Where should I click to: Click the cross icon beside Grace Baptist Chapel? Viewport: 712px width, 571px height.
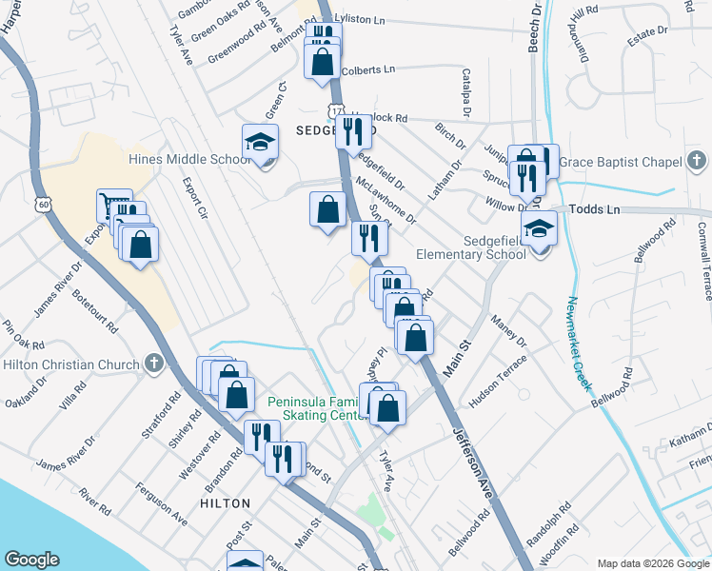pyautogui.click(x=696, y=161)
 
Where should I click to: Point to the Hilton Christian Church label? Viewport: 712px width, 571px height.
pyautogui.click(x=70, y=364)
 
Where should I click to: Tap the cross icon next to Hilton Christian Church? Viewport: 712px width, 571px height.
pyautogui.click(x=153, y=364)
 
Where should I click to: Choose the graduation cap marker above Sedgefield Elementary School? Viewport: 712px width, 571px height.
pyautogui.click(x=539, y=229)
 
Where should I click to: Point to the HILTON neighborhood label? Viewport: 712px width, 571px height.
pyautogui.click(x=226, y=502)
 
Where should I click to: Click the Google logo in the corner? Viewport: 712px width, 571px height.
pyautogui.click(x=31, y=560)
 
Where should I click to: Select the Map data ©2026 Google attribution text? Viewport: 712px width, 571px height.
pyautogui.click(x=652, y=563)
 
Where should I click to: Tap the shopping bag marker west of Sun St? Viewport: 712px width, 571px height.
pyautogui.click(x=327, y=209)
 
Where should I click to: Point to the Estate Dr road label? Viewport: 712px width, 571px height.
pyautogui.click(x=647, y=32)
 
